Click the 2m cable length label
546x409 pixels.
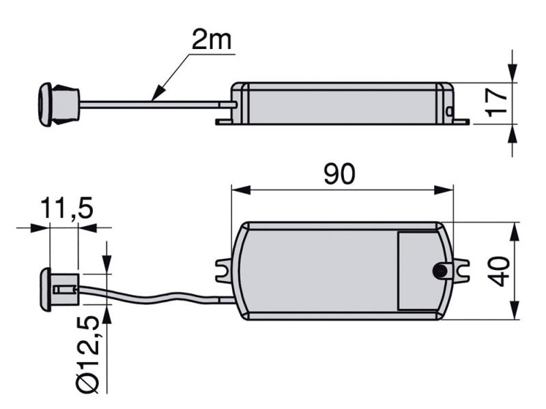pyautogui.click(x=212, y=40)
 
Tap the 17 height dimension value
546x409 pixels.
pyautogui.click(x=497, y=103)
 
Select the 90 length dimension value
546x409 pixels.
pyautogui.click(x=339, y=174)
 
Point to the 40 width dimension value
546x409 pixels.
pyautogui.click(x=499, y=271)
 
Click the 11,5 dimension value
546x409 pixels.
pyautogui.click(x=67, y=209)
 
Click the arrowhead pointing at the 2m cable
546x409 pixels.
pyautogui.click(x=158, y=93)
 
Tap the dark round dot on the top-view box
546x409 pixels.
pyautogui.click(x=440, y=271)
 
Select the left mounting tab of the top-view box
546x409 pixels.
pyautogui.click(x=224, y=271)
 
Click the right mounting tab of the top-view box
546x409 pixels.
pyautogui.click(x=460, y=271)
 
